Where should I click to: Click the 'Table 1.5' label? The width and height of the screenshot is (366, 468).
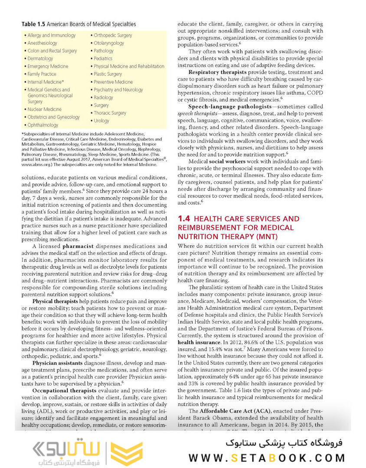[x=33, y=25]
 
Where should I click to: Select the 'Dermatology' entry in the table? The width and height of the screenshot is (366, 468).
[x=40, y=58]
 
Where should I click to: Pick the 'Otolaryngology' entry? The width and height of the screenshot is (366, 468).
[x=109, y=43]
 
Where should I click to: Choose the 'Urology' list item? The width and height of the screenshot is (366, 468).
[x=101, y=121]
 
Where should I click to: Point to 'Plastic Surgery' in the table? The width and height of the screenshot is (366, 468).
[x=108, y=74]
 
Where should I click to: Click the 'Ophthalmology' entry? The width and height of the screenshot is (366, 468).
[x=42, y=125]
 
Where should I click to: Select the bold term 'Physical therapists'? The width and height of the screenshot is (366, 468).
[x=55, y=301]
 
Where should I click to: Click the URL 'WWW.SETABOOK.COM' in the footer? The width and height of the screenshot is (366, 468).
[x=267, y=457]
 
